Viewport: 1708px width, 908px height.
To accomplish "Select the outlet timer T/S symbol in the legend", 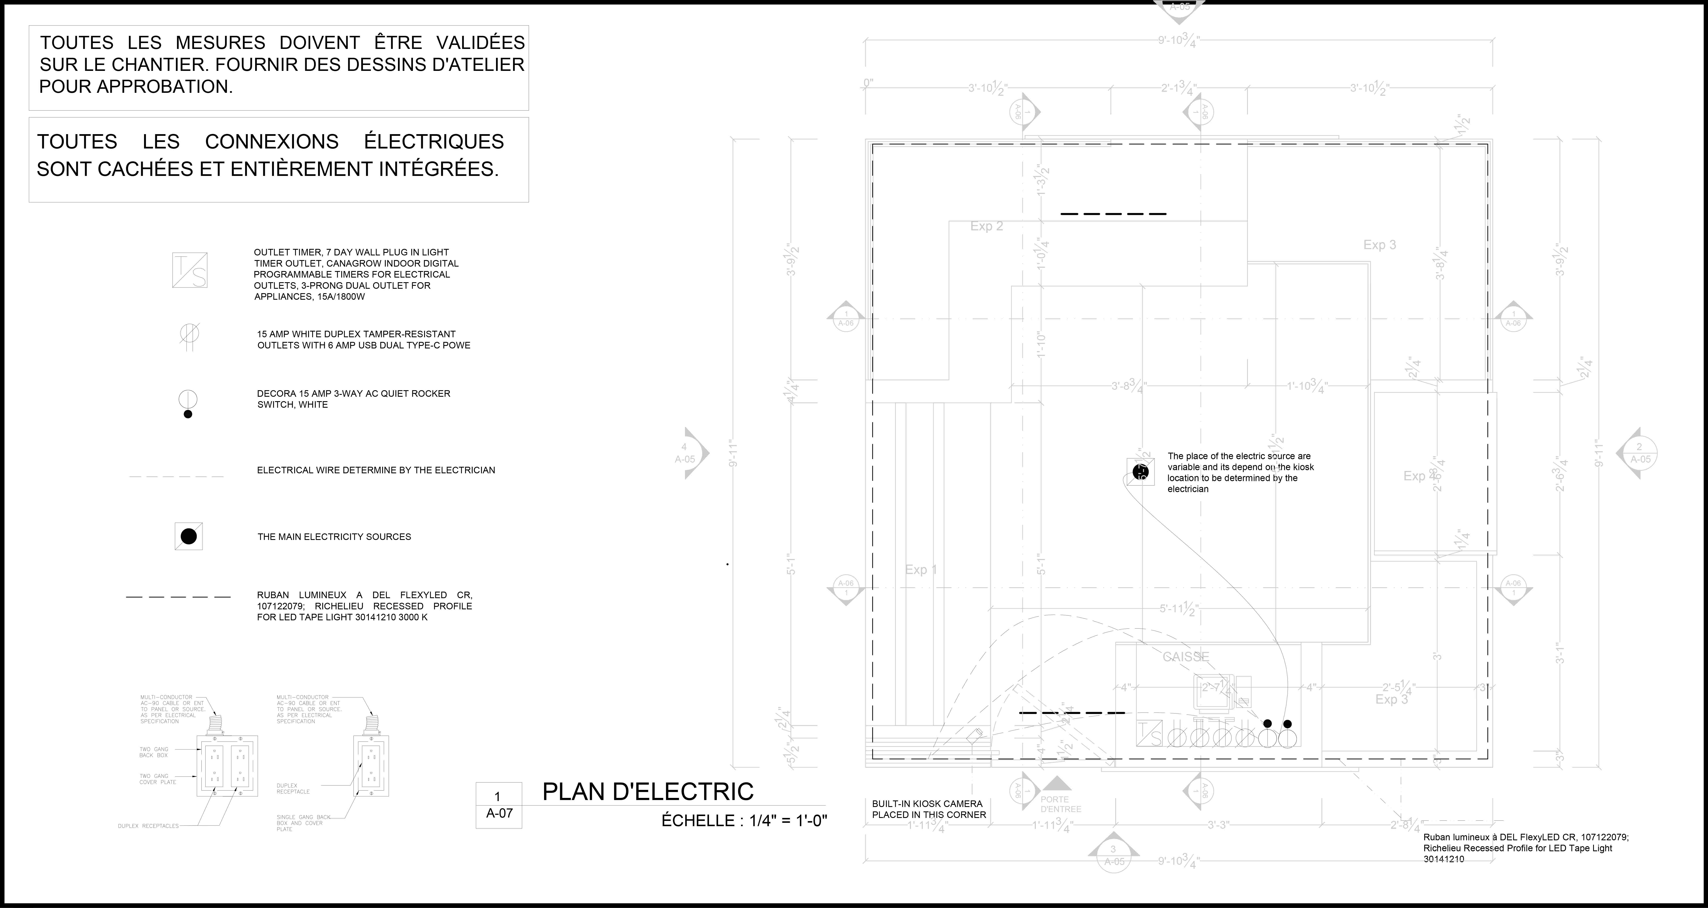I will click(x=190, y=270).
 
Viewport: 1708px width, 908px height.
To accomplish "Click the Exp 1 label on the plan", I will click(x=921, y=570).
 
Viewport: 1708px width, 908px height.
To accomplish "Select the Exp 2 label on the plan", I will click(x=987, y=226).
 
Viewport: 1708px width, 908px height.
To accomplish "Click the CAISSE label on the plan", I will click(x=1186, y=657).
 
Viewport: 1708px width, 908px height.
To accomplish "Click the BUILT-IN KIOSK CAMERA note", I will click(x=928, y=809).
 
